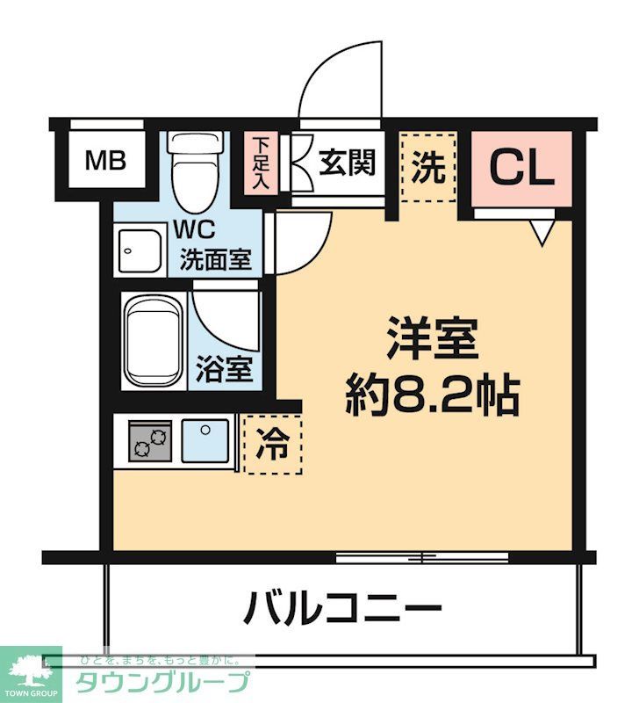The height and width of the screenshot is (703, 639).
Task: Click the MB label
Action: (105, 161)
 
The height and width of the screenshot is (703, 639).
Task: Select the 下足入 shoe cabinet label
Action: (261, 163)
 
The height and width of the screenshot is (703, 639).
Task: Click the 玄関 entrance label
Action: (347, 163)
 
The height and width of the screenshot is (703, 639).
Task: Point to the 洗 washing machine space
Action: (428, 167)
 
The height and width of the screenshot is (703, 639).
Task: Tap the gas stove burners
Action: (150, 440)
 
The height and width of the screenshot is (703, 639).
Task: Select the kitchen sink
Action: (205, 440)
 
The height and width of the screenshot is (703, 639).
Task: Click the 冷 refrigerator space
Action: (271, 445)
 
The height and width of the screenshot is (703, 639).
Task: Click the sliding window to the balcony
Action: (422, 557)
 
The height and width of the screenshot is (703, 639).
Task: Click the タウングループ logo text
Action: (163, 682)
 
